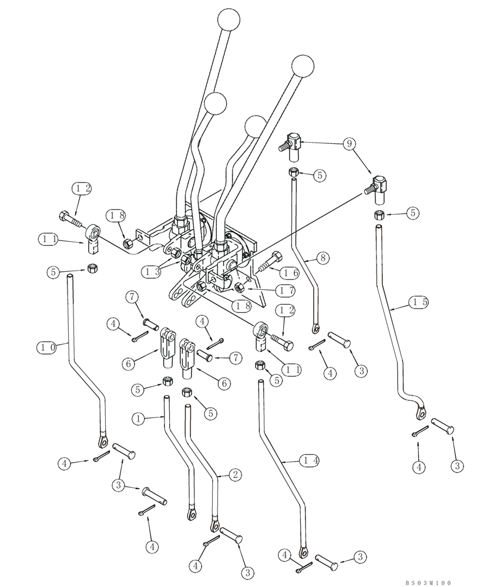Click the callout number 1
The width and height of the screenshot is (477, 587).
pyautogui.click(x=139, y=419)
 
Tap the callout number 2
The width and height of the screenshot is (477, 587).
pyautogui.click(x=234, y=474)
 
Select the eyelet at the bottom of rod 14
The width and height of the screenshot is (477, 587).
pyautogui.click(x=304, y=551)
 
